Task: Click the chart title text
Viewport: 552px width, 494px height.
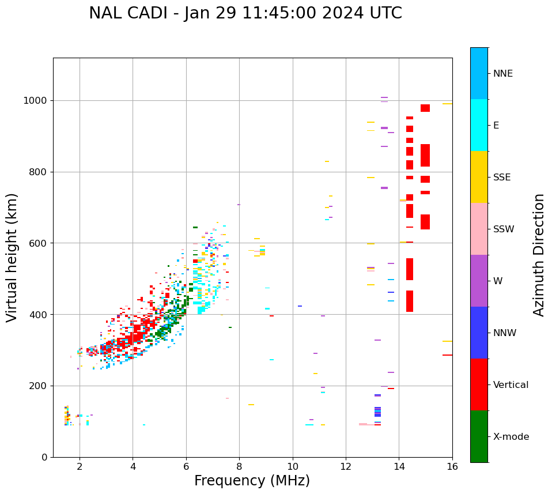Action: [245, 13]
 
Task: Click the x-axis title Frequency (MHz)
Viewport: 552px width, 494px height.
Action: [252, 481]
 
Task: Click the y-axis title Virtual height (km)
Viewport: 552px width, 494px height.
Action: [12, 258]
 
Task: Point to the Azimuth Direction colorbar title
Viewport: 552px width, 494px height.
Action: [539, 255]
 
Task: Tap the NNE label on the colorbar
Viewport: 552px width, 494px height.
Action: [503, 74]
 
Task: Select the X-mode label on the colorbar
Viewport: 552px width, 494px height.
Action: [511, 437]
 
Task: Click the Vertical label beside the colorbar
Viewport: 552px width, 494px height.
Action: [511, 385]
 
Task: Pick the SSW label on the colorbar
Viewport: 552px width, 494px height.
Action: [504, 229]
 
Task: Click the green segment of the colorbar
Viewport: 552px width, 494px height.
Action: [479, 436]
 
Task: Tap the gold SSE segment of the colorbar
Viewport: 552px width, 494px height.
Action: [479, 177]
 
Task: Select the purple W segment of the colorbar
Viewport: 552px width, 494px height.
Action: [479, 281]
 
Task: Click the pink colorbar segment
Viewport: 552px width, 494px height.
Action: [479, 229]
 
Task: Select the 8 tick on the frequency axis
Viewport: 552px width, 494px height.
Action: [239, 466]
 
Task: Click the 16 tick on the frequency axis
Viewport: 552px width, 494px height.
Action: [452, 466]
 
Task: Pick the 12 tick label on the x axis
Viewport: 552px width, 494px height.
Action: [346, 466]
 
